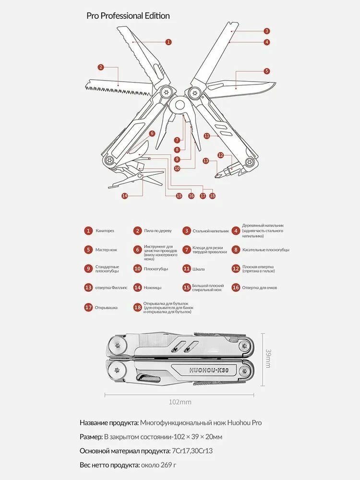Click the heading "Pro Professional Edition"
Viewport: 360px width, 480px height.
click(128, 16)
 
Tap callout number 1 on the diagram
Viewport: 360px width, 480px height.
click(168, 42)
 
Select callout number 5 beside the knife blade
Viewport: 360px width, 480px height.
click(267, 71)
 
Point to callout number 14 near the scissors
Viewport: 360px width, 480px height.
click(125, 195)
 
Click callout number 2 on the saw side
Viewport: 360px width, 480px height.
click(101, 67)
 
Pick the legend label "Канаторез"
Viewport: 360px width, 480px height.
click(105, 231)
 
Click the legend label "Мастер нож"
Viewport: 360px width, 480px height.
click(107, 250)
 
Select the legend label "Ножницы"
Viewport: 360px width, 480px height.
click(153, 288)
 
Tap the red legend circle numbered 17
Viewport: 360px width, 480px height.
click(88, 307)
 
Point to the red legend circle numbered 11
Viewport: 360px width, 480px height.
click(186, 269)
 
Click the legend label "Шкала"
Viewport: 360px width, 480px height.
click(199, 269)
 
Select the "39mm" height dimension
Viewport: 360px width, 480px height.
click(268, 358)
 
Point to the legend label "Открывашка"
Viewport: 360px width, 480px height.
click(107, 307)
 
